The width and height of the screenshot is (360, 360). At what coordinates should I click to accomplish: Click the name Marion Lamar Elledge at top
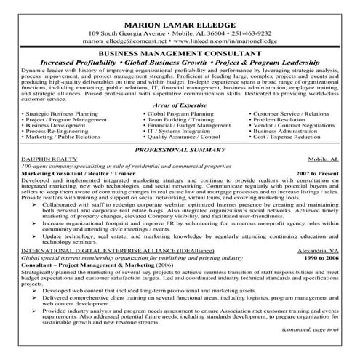tap(180, 10)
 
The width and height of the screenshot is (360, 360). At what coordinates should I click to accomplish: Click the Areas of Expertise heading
tap(180, 106)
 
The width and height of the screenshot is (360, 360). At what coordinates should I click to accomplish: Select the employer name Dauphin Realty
tap(31, 159)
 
